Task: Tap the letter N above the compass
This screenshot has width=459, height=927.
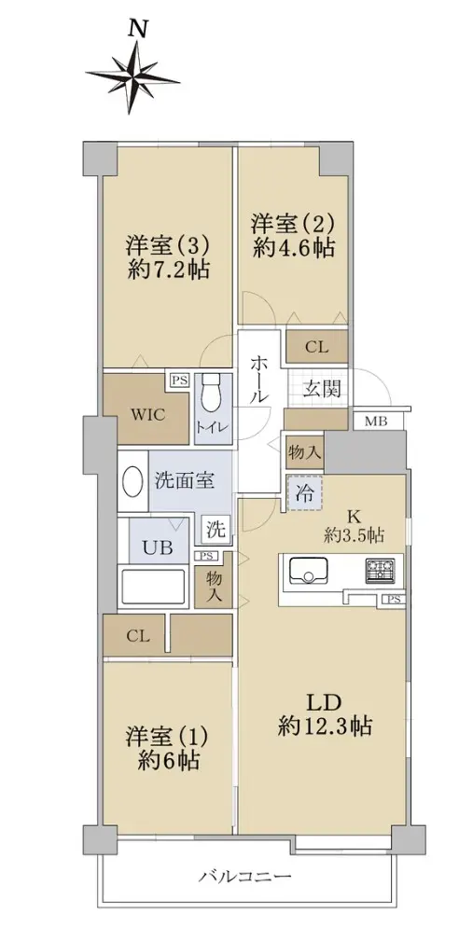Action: point(137,28)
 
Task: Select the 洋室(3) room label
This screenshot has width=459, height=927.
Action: point(168,244)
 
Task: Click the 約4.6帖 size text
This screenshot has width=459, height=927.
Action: point(294,248)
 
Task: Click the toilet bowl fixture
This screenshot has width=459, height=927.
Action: point(211,394)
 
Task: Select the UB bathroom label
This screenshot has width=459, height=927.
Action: point(158,547)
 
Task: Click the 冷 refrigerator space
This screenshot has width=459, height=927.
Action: point(305,492)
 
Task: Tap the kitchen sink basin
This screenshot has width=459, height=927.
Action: point(308,571)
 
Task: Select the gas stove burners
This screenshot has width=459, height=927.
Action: point(381,571)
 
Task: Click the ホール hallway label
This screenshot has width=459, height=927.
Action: point(258,380)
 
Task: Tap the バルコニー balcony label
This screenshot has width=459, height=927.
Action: point(244,876)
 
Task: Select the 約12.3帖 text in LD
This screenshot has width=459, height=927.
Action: point(325,725)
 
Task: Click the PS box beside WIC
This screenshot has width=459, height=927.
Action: point(179,380)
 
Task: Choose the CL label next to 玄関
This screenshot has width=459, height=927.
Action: point(316,347)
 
